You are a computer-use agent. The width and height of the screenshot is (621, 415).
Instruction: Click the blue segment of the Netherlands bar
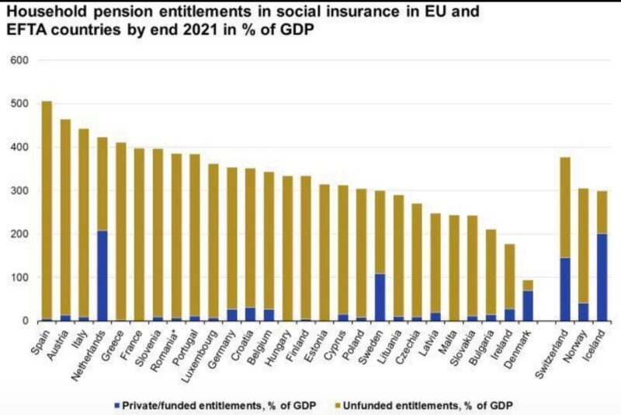click(x=102, y=276)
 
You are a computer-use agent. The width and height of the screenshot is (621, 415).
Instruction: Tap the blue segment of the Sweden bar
click(x=380, y=297)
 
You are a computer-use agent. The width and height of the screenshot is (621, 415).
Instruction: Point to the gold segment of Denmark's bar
click(x=529, y=285)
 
